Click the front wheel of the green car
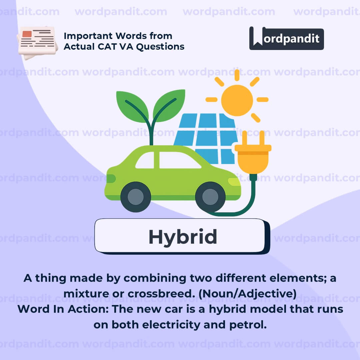210,197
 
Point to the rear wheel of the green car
136,197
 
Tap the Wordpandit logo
287,38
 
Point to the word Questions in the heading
160,47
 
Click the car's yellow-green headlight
234,182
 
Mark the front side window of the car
180,160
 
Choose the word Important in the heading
88,36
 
